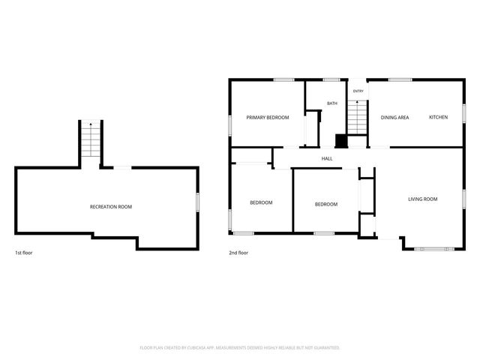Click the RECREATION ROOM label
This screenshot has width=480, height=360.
111,207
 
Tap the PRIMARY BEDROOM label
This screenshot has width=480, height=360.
268,118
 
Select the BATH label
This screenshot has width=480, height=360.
332,103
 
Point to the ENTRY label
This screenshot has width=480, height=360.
358,91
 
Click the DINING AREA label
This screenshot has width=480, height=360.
394,118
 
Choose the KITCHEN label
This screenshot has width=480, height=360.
438,117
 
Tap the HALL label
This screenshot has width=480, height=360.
327,158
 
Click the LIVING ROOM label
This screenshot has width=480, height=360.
423,199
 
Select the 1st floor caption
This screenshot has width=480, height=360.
24,253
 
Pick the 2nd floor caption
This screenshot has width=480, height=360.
238,253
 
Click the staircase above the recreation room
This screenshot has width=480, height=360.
91,139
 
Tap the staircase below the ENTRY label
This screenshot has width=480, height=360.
357,117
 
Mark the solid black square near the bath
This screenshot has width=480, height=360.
341,141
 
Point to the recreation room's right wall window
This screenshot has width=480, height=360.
198,202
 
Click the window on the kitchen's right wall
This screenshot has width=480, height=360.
464,113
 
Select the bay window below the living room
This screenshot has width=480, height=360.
434,249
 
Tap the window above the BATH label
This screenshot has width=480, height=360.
331,80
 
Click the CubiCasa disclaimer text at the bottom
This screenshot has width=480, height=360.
240,348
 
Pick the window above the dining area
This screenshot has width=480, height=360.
400,80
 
